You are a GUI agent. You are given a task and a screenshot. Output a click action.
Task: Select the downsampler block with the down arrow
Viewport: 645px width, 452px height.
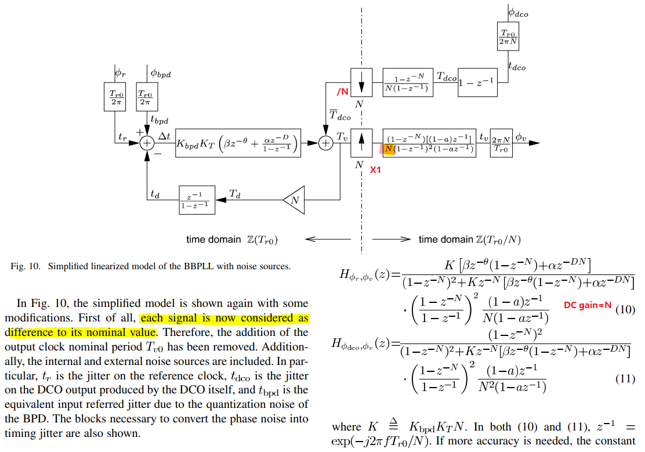tap(361, 82)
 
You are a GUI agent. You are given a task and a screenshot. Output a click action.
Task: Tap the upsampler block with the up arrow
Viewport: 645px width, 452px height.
tap(361, 143)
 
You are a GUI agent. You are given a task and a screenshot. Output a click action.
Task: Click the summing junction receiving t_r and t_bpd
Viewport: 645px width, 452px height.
tap(147, 143)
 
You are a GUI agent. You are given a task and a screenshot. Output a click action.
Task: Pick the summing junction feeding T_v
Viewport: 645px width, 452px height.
tap(326, 143)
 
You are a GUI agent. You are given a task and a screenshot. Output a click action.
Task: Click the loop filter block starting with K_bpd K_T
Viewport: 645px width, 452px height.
tap(238, 143)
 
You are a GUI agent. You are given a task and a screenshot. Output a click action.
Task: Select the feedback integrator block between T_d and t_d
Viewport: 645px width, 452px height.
tap(197, 200)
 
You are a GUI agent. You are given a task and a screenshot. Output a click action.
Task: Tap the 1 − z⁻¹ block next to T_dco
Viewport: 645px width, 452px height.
tap(477, 82)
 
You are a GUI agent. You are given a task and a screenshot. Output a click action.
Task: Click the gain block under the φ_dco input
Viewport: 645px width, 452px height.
tap(508, 36)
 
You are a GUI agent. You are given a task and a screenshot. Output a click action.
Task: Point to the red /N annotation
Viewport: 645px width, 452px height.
tap(342, 92)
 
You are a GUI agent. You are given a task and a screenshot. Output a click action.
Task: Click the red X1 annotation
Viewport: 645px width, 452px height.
tap(375, 169)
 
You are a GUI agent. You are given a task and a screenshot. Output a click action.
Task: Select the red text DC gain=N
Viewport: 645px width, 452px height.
tap(588, 305)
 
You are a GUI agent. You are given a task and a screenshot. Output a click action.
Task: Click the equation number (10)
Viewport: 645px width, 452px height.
tap(625, 309)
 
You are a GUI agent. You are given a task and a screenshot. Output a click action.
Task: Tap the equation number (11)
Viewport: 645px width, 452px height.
tap(625, 378)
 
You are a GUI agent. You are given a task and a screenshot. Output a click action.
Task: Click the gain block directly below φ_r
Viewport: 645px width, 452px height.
tap(115, 97)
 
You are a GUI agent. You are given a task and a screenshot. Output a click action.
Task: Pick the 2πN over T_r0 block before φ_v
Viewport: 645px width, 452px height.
tap(501, 143)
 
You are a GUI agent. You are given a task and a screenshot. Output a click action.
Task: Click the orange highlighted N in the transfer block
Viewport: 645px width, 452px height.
tap(389, 149)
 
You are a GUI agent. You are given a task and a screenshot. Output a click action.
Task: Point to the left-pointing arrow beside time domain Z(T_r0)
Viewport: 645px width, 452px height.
tap(328, 239)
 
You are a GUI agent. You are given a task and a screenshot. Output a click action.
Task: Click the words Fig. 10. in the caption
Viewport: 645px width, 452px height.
tap(26, 266)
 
